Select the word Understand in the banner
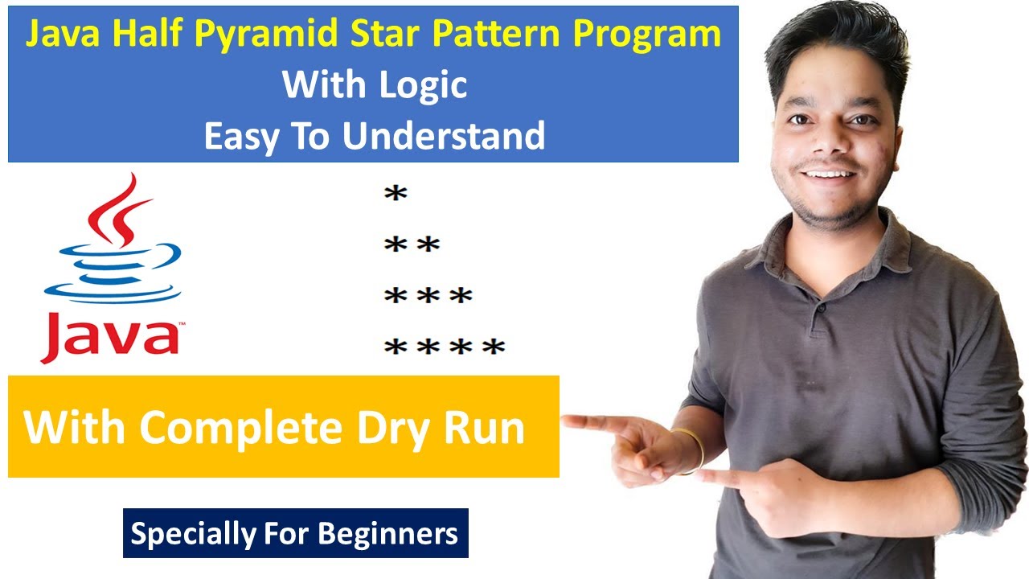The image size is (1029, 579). pos(444,136)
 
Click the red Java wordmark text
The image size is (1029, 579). pos(110,339)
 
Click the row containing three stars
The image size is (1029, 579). pos(428,297)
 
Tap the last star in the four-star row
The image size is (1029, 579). pos(493,348)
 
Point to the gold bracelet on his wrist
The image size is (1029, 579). pos(693,450)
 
